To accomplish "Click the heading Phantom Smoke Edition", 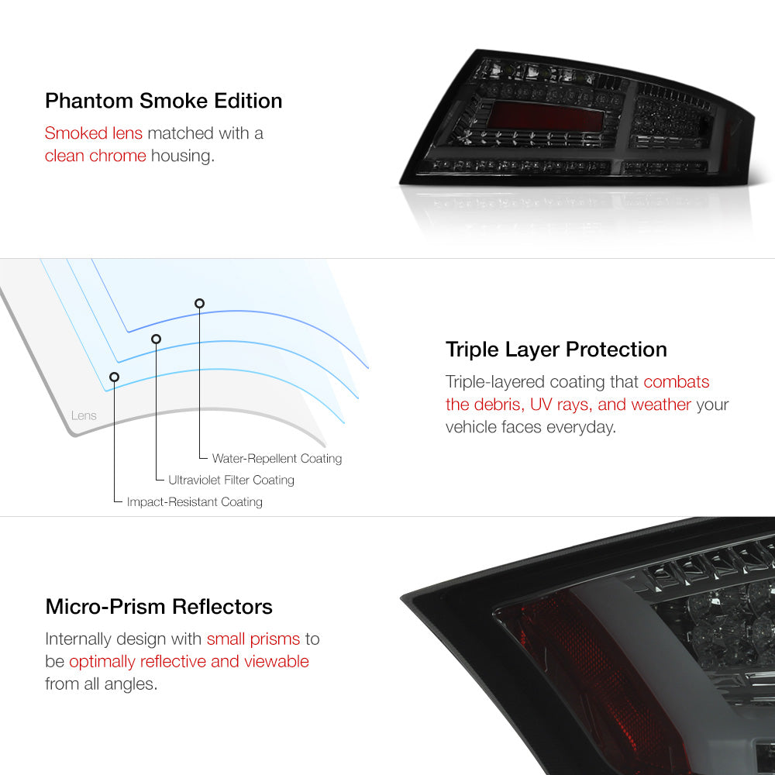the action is coord(164,101).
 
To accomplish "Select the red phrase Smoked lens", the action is coord(94,133).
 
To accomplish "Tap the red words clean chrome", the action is coord(95,156).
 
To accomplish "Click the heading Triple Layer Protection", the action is coord(556,350).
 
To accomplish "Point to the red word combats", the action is coord(676,381).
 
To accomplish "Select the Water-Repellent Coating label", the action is coord(277,459).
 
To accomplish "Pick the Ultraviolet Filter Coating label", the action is coord(231,480).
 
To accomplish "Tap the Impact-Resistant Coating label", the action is coord(195,501).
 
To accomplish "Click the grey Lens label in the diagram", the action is coord(84,415).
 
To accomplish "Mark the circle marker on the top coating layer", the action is coord(199,304).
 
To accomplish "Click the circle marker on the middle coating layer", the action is coord(157,339).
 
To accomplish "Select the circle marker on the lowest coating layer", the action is coord(114,377).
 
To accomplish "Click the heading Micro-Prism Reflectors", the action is coord(159,607).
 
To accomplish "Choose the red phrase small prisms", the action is coord(253,639).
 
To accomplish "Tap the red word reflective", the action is coord(173,661).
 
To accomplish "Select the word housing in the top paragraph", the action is coord(182,157).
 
